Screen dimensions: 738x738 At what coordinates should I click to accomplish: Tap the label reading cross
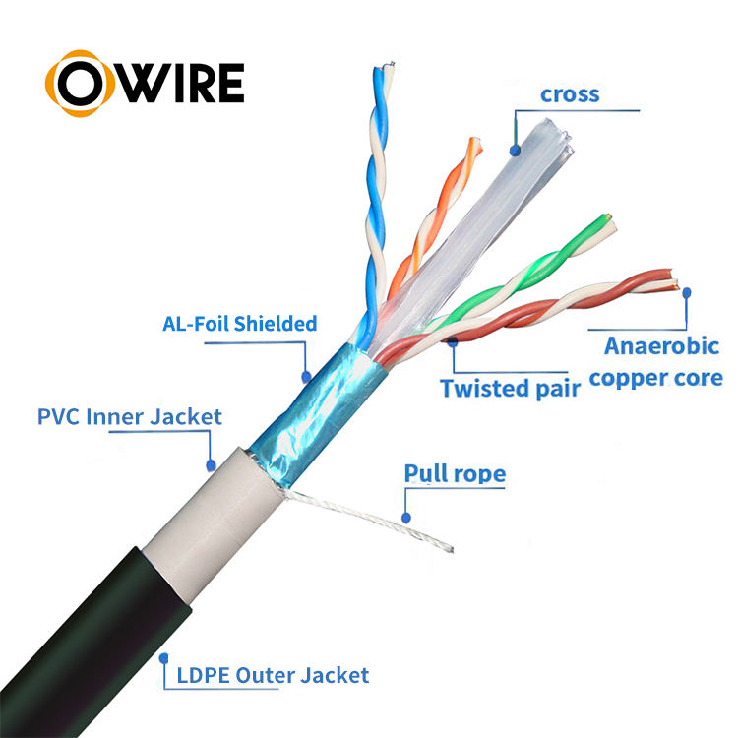pos(570,95)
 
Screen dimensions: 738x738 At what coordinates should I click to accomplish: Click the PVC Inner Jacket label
pos(130,416)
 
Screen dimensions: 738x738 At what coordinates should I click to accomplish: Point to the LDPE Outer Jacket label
pos(274,675)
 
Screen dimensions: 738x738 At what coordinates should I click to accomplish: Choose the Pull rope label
pos(455,475)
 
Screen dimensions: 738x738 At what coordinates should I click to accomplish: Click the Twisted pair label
pos(510,388)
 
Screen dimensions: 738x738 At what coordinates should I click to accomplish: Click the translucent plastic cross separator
pos(492,207)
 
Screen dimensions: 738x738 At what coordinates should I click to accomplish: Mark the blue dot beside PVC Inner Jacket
pos(210,463)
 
